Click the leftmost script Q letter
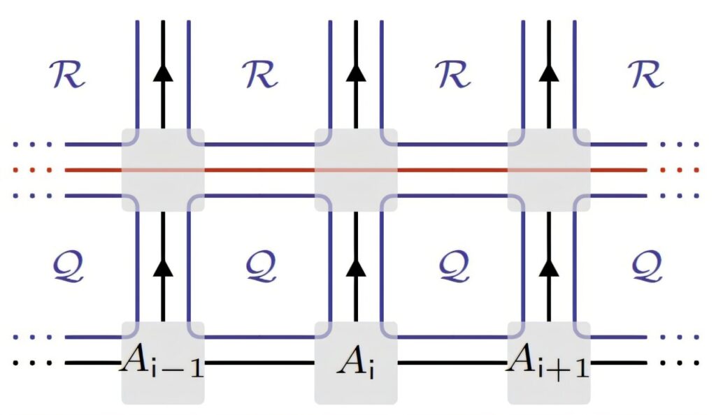coord(69,267)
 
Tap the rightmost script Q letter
coord(647,267)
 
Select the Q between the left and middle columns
coord(262,267)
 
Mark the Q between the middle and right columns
coord(454,267)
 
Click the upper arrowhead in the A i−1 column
coord(163,73)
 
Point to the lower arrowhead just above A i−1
coord(163,267)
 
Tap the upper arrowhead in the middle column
coord(356,73)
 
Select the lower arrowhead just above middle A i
coord(356,267)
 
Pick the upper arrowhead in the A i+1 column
coord(549,73)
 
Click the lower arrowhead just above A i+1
coord(549,267)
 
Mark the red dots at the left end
coord(32,170)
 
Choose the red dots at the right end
coord(680,170)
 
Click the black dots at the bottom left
coord(32,363)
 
